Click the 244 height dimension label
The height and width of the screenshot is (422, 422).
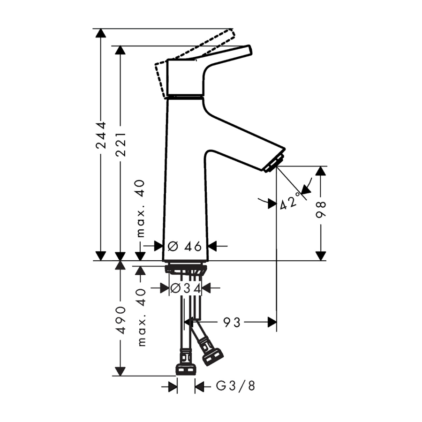pos(101,136)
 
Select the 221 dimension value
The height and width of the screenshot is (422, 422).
pos(121,144)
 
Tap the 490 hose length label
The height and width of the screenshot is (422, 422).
pos(121,320)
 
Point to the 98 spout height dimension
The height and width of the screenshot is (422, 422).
pos(321,209)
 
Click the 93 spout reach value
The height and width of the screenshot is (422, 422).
pos(232,322)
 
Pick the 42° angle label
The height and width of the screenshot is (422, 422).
pos(290,201)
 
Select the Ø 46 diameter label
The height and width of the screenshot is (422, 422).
pos(184,246)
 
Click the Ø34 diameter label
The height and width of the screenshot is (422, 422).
pos(185,288)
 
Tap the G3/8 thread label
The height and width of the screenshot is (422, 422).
pos(235,386)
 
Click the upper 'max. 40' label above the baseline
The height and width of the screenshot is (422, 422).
pos(141,209)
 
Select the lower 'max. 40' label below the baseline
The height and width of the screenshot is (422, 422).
pos(141,317)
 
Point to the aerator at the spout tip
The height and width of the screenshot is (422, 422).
pos(274,163)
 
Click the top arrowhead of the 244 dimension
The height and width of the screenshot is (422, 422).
pos(101,33)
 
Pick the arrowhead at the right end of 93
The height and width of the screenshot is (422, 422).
pos(272,322)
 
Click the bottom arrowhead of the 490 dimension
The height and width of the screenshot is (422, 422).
pos(121,371)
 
